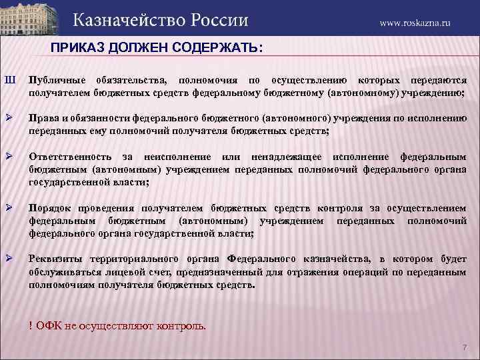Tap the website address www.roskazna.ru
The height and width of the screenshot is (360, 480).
click(415, 23)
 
